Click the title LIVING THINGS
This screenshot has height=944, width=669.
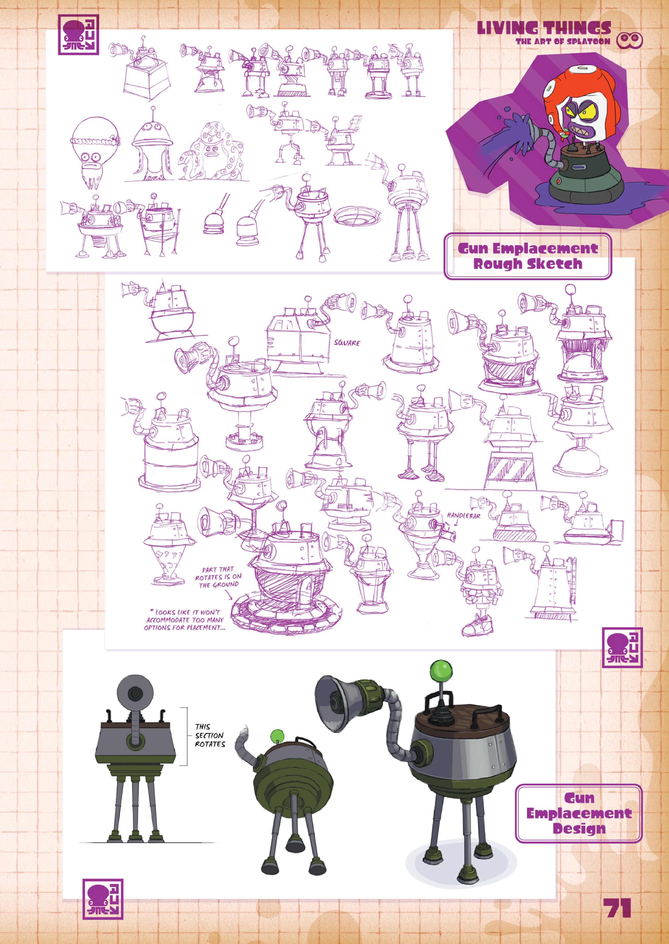click(544, 28)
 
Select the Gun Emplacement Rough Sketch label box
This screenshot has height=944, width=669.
click(528, 256)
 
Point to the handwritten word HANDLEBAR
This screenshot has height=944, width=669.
click(464, 515)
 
